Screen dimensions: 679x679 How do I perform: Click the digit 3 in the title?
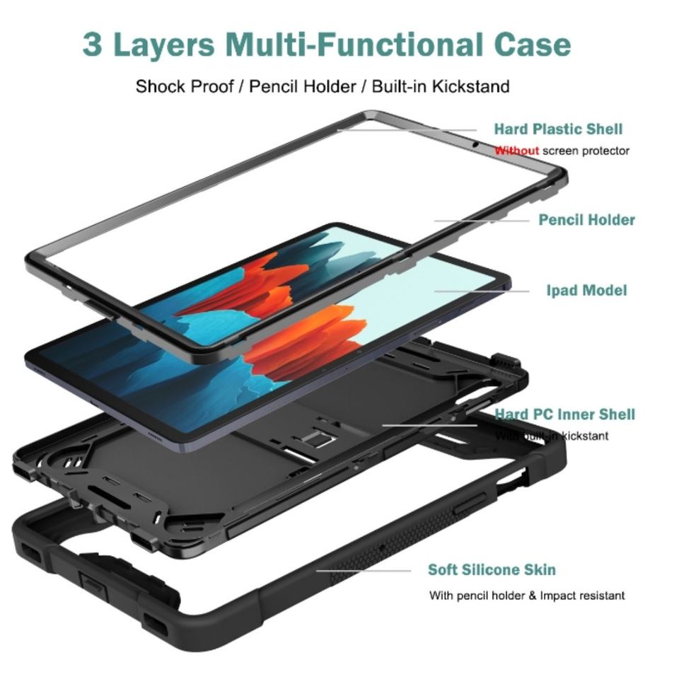93,45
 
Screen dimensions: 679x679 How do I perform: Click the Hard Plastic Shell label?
558,129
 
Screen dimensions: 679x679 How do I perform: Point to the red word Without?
516,151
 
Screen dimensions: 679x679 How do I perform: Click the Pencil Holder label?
586,220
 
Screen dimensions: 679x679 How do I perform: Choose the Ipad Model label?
586,290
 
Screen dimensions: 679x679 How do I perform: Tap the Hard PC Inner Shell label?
564,414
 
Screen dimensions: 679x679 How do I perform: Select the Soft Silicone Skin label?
492,570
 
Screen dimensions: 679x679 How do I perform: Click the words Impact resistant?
582,596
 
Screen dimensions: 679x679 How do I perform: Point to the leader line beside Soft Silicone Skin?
364,570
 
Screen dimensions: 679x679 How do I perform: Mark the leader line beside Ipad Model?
481,291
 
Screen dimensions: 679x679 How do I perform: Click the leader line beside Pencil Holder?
481,221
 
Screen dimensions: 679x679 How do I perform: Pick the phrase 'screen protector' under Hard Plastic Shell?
586,151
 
